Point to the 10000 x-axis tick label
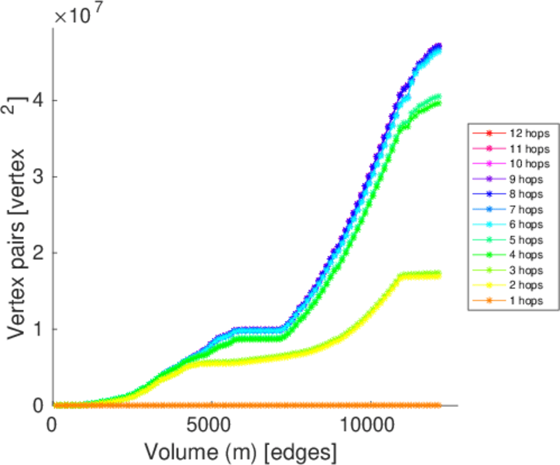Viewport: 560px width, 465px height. point(369,425)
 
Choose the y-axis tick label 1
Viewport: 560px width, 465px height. point(37,329)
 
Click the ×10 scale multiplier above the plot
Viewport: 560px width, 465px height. point(74,15)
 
